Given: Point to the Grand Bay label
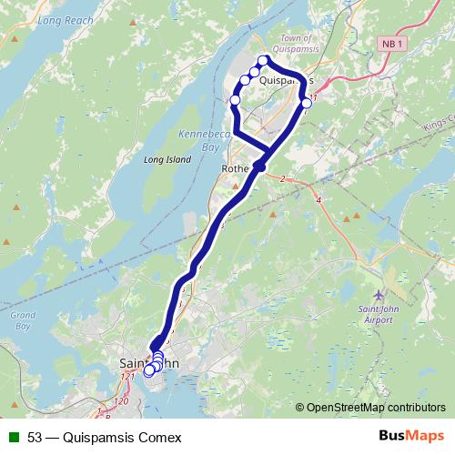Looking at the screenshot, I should pyautogui.click(x=22, y=320).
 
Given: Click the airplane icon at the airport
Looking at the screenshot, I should pyautogui.click(x=379, y=297).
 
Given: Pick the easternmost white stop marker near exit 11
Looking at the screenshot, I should pyautogui.click(x=307, y=103).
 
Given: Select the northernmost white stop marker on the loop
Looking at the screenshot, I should pyautogui.click(x=263, y=61).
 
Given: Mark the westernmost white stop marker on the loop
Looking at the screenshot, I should pyautogui.click(x=235, y=99).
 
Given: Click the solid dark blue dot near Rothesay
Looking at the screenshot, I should pyautogui.click(x=259, y=166).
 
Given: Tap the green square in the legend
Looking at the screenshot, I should pyautogui.click(x=13, y=437).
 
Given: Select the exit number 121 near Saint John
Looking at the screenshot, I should pyautogui.click(x=127, y=377).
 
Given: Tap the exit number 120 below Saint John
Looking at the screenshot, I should pyautogui.click(x=121, y=400).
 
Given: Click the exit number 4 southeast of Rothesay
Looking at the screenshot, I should pyautogui.click(x=318, y=199).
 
